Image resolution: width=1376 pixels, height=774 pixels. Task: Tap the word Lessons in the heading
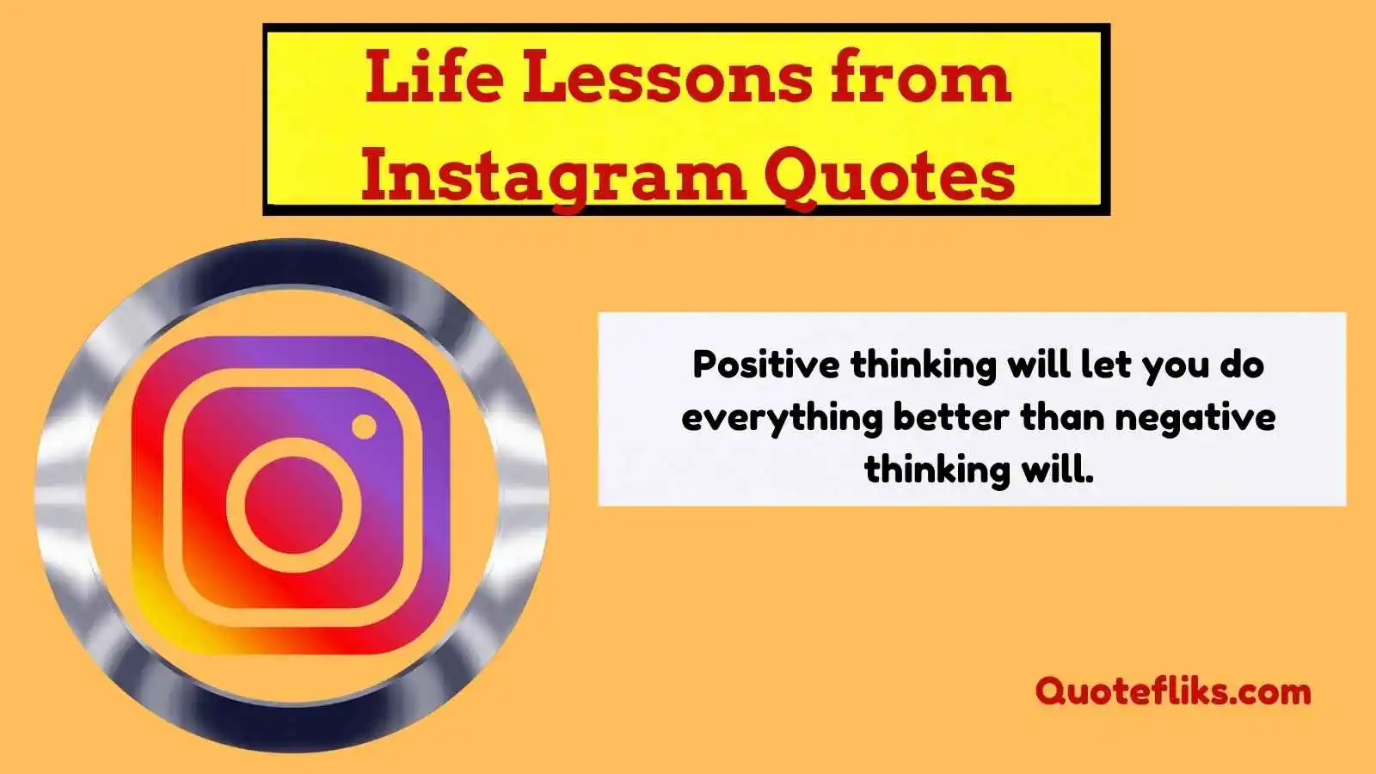click(x=667, y=77)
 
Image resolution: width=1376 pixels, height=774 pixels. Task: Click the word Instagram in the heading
click(x=554, y=176)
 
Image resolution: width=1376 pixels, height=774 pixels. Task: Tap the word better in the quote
click(x=951, y=417)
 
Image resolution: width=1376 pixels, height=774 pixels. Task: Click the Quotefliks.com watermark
click(x=1173, y=691)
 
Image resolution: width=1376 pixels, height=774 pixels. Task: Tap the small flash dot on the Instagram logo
click(x=365, y=427)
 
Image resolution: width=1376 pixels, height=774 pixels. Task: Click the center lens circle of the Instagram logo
click(x=293, y=505)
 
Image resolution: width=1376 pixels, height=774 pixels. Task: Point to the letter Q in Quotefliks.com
click(x=1051, y=692)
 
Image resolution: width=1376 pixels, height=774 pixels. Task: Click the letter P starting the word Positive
click(x=704, y=365)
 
